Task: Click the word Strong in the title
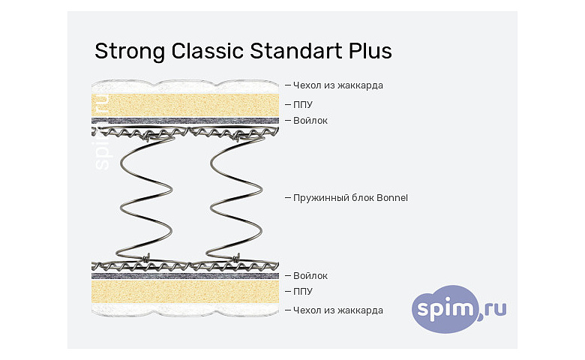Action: click(x=130, y=52)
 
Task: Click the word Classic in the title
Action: click(x=207, y=51)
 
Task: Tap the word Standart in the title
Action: click(x=295, y=51)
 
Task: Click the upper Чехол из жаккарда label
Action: click(x=338, y=85)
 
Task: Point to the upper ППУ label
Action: click(x=302, y=105)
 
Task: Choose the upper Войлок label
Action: click(x=310, y=121)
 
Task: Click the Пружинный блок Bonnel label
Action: click(x=350, y=198)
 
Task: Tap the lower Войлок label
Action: click(x=310, y=276)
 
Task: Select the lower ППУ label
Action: click(x=302, y=291)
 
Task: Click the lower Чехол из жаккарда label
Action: click(x=338, y=310)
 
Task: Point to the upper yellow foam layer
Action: click(x=185, y=105)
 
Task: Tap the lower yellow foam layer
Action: click(x=185, y=291)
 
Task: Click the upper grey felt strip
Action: click(x=185, y=121)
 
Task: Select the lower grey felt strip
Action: click(x=185, y=276)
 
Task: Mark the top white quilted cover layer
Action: click(x=185, y=87)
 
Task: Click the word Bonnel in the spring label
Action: click(x=392, y=198)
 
